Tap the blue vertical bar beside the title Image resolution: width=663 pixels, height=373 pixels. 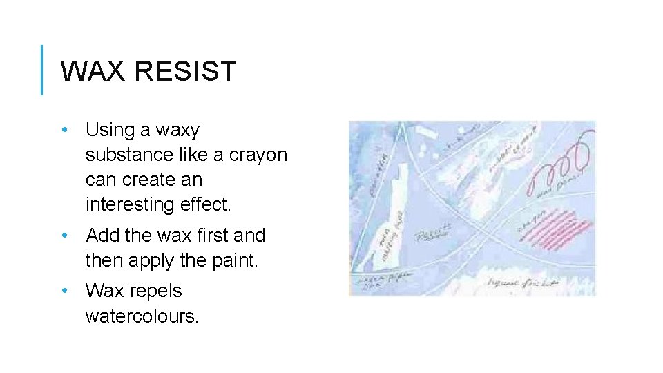coord(42,70)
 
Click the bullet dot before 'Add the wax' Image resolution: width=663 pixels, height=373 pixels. coord(64,236)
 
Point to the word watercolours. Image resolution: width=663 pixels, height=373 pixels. coord(141,316)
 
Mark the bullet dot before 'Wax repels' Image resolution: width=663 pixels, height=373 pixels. coord(64,291)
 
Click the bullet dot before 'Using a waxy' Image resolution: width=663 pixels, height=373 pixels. coord(64,130)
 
